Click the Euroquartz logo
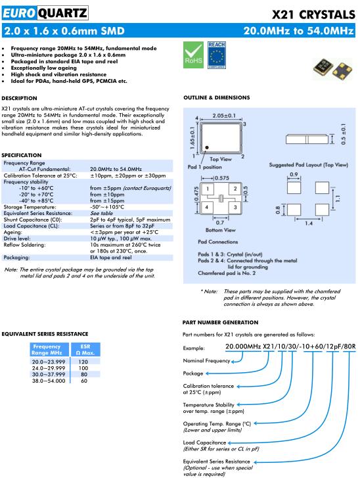[45, 13]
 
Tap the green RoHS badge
[193, 55]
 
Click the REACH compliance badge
[217, 55]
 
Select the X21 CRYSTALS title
[313, 14]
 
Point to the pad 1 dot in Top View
[207, 147]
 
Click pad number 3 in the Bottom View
[235, 207]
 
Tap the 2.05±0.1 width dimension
[224, 116]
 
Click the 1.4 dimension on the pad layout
[309, 224]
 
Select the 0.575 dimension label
[222, 178]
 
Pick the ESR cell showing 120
[83, 362]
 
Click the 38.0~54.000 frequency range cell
[49, 381]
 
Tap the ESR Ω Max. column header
[85, 350]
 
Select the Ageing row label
[12, 232]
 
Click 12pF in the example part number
[332, 347]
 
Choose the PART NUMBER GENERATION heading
[220, 323]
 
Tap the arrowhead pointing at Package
[207, 373]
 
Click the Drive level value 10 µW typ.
[105, 239]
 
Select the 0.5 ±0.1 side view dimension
[344, 134]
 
